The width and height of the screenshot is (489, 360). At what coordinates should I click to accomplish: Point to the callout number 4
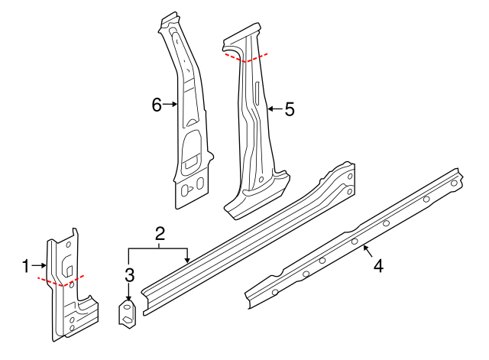(379, 266)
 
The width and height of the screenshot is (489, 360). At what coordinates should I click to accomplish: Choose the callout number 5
(289, 109)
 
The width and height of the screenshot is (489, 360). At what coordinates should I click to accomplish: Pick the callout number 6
(157, 105)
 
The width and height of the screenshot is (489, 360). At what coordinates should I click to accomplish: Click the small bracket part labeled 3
(127, 313)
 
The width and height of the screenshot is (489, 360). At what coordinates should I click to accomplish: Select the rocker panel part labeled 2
(244, 237)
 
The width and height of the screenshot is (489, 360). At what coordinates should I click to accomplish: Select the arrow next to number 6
(171, 105)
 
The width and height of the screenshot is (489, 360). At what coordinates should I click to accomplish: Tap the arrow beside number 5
(274, 109)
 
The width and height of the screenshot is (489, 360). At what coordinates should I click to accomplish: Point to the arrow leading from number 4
(369, 251)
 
